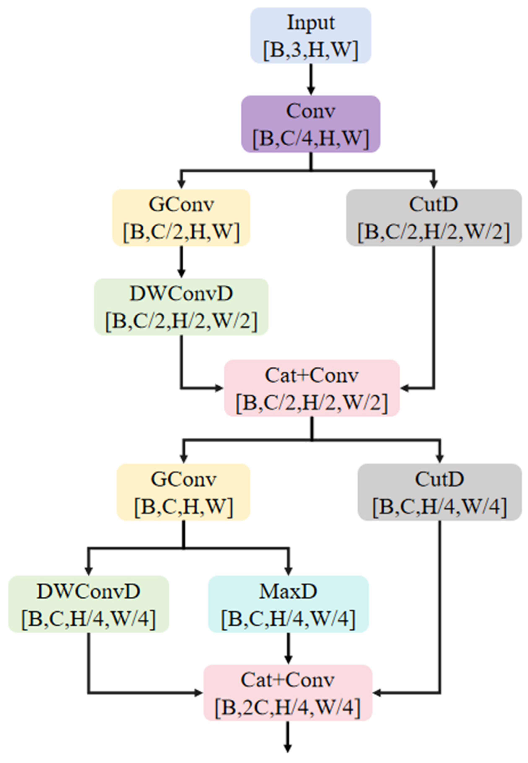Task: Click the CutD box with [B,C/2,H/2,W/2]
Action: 434,218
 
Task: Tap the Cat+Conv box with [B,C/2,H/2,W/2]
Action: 312,388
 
